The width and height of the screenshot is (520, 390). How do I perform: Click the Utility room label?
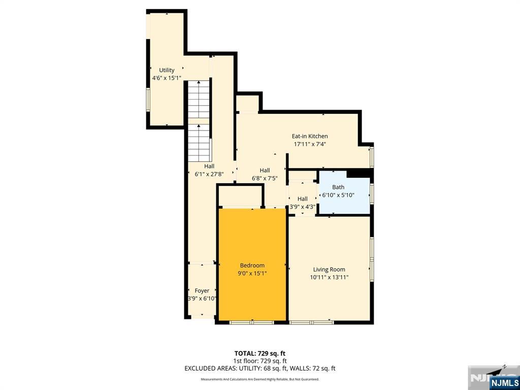[x=167, y=70]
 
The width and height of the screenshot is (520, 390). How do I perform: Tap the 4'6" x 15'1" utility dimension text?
[x=167, y=78]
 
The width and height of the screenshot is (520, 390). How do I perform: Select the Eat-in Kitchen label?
[x=309, y=136]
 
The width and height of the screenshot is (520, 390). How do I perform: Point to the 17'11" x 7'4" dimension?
[x=309, y=144]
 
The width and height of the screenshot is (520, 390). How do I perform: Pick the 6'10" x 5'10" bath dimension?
[x=338, y=195]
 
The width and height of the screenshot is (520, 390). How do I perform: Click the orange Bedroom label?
[x=252, y=265]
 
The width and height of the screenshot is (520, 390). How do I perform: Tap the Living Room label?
[x=329, y=270]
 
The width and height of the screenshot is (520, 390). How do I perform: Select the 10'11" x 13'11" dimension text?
[x=329, y=277]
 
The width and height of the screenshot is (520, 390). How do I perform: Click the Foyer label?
[x=202, y=291]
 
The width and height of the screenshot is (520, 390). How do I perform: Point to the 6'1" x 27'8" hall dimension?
[x=209, y=174]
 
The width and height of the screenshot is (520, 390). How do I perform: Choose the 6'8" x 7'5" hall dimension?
[x=265, y=178]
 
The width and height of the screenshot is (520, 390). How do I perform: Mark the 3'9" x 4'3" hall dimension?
[x=302, y=207]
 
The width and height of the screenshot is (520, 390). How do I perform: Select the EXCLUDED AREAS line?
[x=259, y=369]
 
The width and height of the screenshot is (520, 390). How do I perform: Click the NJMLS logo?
[x=504, y=382]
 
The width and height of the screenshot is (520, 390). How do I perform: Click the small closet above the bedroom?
[x=240, y=197]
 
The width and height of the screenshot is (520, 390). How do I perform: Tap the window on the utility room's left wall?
[x=148, y=99]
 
